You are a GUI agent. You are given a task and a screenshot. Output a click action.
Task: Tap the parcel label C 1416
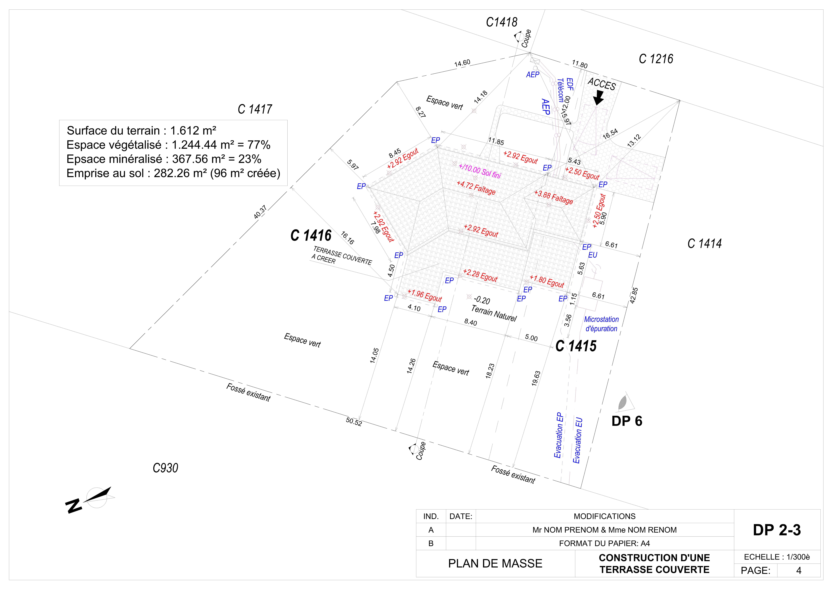311,235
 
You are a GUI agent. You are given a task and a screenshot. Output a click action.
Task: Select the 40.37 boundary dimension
260,212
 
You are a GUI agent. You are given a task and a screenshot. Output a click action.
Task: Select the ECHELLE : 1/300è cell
777,557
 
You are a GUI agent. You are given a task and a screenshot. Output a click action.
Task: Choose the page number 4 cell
799,570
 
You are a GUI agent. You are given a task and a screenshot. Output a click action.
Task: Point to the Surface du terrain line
142,130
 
